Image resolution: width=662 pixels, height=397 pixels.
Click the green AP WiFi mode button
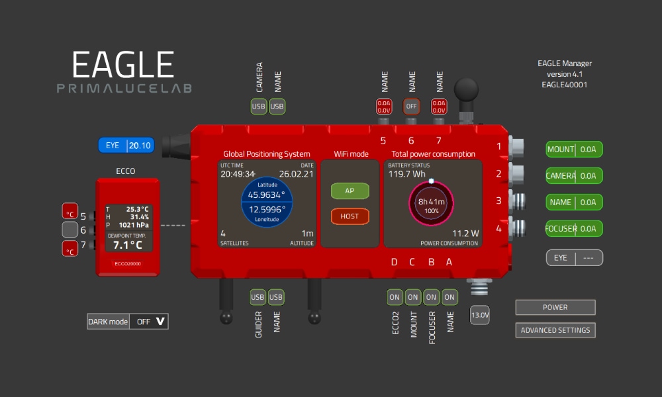(x=350, y=191)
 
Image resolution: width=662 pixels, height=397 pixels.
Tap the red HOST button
(x=350, y=216)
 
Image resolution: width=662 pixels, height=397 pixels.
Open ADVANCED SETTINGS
(x=555, y=330)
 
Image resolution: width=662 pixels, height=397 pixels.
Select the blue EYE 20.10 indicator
(x=126, y=146)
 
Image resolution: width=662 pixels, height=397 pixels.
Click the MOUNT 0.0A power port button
(x=574, y=150)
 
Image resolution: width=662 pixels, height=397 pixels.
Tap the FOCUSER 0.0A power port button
(x=574, y=229)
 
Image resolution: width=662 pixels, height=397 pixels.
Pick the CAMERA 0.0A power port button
(x=574, y=176)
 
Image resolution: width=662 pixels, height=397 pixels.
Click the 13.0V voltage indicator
(x=479, y=316)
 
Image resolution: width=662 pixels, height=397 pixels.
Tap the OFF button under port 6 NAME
(x=412, y=106)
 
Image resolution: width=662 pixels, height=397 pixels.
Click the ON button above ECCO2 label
(x=395, y=297)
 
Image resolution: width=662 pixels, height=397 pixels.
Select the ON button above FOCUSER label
(x=432, y=297)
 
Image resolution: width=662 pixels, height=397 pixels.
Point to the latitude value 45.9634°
(x=266, y=195)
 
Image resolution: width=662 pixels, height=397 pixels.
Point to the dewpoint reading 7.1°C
(x=127, y=245)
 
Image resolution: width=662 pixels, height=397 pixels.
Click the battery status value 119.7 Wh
(x=407, y=175)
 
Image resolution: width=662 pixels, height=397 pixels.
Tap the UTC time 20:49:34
(x=238, y=174)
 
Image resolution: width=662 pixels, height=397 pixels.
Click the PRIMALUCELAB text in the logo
(x=124, y=88)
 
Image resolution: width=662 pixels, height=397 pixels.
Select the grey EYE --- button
(x=574, y=257)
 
